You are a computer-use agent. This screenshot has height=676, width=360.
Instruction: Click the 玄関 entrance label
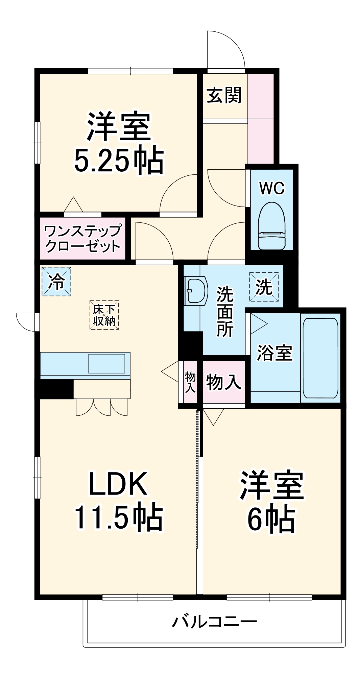click(x=224, y=95)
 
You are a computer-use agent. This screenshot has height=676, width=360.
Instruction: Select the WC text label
click(x=272, y=188)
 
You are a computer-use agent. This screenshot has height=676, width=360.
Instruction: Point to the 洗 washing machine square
click(x=264, y=287)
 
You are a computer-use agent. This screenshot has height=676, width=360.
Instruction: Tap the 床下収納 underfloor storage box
click(x=104, y=315)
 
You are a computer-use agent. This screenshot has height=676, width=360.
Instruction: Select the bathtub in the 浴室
click(x=320, y=358)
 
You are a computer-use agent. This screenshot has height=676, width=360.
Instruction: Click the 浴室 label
click(x=274, y=353)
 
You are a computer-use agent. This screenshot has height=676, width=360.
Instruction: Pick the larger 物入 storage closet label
click(x=223, y=382)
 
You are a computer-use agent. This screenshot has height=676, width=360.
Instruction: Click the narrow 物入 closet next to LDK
click(x=190, y=382)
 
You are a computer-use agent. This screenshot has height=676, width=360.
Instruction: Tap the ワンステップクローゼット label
click(x=82, y=239)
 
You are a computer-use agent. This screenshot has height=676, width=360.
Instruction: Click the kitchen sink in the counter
click(x=107, y=364)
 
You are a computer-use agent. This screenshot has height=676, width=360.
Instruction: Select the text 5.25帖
click(x=119, y=161)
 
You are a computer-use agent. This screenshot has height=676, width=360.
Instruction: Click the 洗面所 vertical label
click(x=225, y=311)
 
